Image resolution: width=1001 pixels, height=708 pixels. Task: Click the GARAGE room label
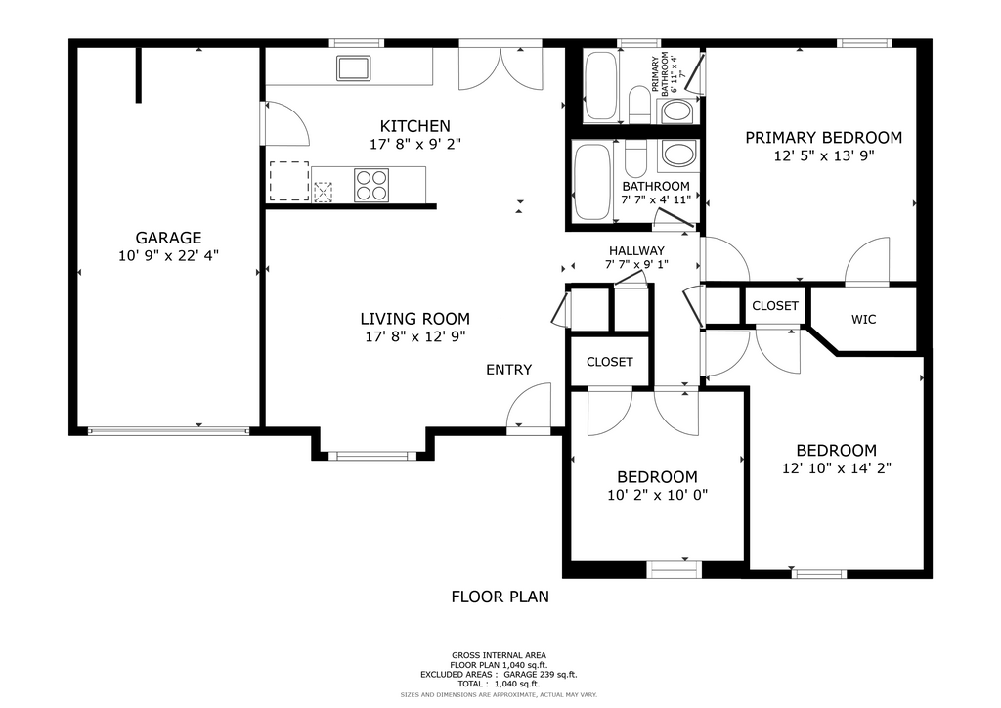coord(168,239)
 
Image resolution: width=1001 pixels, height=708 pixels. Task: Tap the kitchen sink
coord(354,68)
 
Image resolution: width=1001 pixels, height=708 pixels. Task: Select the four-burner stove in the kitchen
coord(371,185)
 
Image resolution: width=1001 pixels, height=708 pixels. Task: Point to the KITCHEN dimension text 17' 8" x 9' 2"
coord(414,145)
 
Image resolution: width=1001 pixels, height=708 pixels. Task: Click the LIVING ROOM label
coord(414,319)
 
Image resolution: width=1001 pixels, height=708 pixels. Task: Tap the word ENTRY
coord(508,370)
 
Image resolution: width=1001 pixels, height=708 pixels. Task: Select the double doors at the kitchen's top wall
coord(501,67)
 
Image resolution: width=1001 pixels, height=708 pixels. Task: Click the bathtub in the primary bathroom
coord(601,85)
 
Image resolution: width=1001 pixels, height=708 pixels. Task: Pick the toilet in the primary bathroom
coord(639,104)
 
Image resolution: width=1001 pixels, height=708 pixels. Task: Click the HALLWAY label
coord(636,251)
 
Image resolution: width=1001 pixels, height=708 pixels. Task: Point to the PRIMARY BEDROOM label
coord(823,137)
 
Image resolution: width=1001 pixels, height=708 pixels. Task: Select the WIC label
coord(864,319)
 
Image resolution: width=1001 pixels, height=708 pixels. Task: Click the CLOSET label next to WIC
coord(775,306)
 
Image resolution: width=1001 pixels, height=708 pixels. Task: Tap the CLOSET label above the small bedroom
coord(610,362)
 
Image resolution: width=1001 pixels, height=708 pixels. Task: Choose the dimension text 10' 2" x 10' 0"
coord(658,495)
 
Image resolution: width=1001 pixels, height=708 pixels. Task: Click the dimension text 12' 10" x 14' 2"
coord(837,468)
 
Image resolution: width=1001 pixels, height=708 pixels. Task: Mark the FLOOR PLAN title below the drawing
coord(500,597)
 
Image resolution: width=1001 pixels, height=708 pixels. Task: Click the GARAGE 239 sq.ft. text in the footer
coord(540,674)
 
